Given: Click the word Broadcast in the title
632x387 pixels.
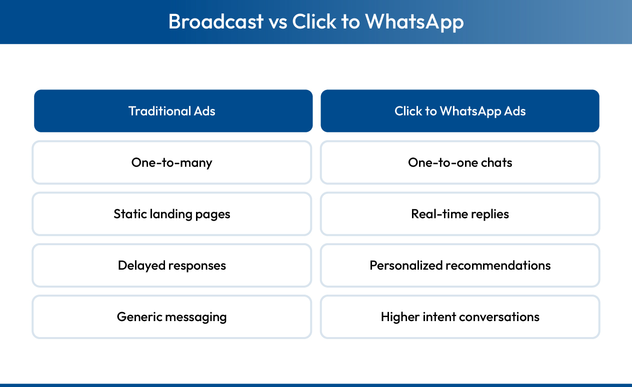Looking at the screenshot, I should (215, 21).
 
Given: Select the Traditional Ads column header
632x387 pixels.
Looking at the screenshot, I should (173, 111).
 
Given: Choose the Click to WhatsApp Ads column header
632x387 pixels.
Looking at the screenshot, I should (460, 111).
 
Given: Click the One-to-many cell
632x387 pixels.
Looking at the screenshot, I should (172, 162).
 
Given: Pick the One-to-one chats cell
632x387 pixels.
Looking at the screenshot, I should (460, 162).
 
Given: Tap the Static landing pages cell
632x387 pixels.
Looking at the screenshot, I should (172, 214).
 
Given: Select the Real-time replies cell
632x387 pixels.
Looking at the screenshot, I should (460, 214).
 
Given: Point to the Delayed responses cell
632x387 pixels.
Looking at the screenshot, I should (172, 265).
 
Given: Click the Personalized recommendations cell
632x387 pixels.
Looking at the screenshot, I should (460, 265).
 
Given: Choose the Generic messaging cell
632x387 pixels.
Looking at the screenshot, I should (172, 317).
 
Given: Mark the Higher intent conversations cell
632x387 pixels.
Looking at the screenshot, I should (460, 317).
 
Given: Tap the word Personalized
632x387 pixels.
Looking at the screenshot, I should (406, 265).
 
